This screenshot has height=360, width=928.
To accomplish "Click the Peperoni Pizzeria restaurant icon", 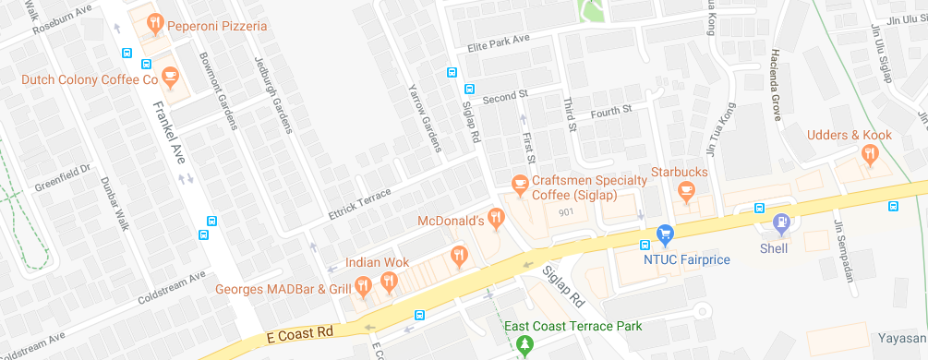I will point(156,24).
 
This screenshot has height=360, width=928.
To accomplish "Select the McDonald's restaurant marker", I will point(497,220).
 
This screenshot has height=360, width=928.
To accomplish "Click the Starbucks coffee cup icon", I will point(685,191).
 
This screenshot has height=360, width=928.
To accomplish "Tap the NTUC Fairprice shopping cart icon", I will point(663,235).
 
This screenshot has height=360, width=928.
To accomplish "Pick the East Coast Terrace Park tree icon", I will point(525,345).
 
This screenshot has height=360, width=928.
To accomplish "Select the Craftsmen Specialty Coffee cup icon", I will point(519,185).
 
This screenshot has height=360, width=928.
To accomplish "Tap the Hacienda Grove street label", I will point(777,85).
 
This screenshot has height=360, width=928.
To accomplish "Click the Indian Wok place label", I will point(377,263).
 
